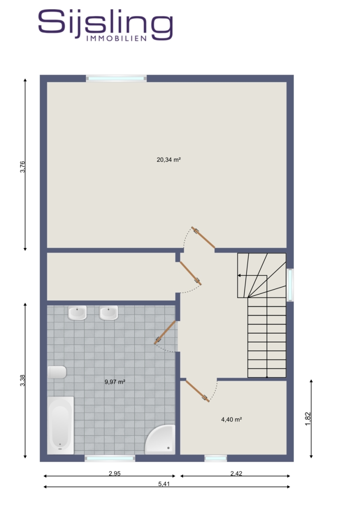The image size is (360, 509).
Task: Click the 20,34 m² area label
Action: pyautogui.click(x=168, y=160)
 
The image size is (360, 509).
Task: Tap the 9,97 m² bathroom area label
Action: pyautogui.click(x=115, y=382)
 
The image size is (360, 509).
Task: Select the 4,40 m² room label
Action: pyautogui.click(x=232, y=420)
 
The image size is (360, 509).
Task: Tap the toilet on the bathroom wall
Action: pyautogui.click(x=57, y=372)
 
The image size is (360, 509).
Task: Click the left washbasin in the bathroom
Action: pyautogui.click(x=77, y=313)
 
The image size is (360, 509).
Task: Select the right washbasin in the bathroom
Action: pyautogui.click(x=109, y=313)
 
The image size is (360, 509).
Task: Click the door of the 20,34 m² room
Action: pyautogui.click(x=203, y=237)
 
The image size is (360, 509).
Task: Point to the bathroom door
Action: pyautogui.click(x=165, y=332)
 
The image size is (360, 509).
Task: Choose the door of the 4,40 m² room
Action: pyautogui.click(x=197, y=391)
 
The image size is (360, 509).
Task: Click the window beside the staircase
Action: pyautogui.click(x=290, y=285)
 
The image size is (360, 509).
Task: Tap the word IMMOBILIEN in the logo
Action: pyautogui.click(x=117, y=39)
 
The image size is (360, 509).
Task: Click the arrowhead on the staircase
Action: pyautogui.click(x=239, y=276)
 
